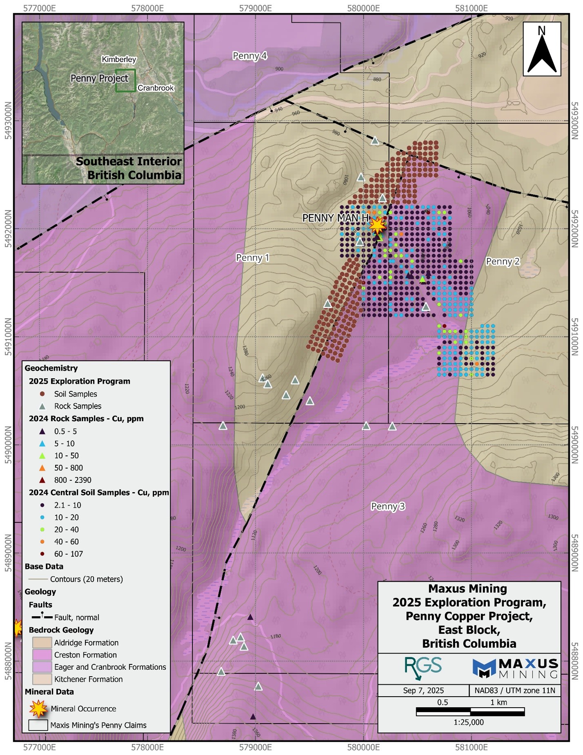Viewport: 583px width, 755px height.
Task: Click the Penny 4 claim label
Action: click(249, 56)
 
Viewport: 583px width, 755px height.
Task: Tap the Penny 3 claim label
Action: click(388, 506)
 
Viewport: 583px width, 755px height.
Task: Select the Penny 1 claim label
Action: click(252, 258)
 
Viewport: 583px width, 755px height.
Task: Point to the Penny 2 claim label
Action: click(503, 262)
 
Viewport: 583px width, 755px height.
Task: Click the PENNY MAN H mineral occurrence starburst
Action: click(377, 225)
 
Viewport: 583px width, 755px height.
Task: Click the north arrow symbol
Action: click(542, 49)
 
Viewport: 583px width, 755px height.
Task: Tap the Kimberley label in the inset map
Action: click(119, 60)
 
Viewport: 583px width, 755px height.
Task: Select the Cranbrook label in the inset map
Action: click(156, 88)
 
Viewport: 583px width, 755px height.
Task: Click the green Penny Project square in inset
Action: click(125, 80)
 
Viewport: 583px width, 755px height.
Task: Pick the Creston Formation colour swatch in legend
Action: click(42, 655)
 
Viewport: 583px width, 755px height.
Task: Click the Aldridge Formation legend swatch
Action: click(42, 642)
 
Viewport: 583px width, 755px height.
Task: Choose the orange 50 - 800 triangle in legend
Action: click(42, 468)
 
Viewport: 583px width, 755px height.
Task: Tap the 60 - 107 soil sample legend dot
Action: click(42, 554)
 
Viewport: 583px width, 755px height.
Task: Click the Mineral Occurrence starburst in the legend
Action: click(38, 708)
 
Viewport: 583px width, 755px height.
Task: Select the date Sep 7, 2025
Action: click(423, 691)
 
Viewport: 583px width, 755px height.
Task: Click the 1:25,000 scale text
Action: click(468, 722)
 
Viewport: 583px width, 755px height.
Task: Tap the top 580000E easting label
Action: click(363, 8)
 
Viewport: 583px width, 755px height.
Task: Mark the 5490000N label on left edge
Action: click(8, 445)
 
